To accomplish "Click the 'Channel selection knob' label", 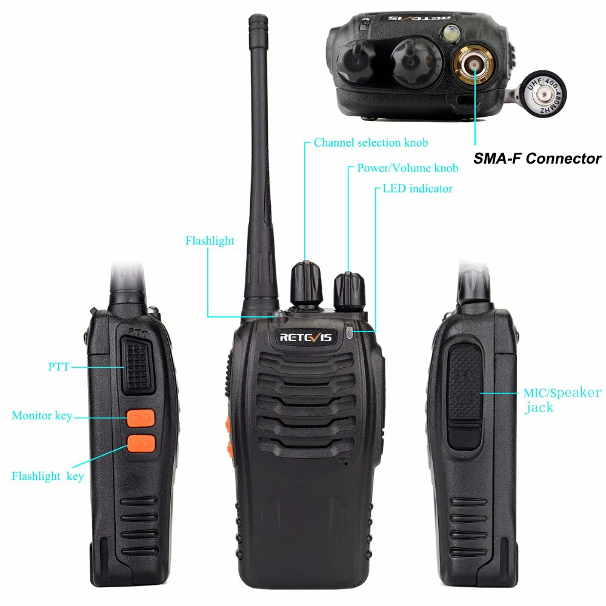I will pyautogui.click(x=371, y=143).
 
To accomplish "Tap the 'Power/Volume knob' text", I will pyautogui.click(x=407, y=168).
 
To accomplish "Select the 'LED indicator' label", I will pyautogui.click(x=418, y=188).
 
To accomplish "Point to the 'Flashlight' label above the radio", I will pyautogui.click(x=210, y=241).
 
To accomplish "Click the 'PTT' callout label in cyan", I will pyautogui.click(x=59, y=367).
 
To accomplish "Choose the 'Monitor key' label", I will pyautogui.click(x=42, y=416).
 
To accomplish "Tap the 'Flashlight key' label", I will pyautogui.click(x=48, y=476).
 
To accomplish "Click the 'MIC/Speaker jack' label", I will pyautogui.click(x=562, y=399).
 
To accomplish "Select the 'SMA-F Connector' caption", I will pyautogui.click(x=538, y=159).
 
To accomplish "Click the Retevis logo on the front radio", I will pyautogui.click(x=305, y=337).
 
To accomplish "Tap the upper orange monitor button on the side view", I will pyautogui.click(x=141, y=418).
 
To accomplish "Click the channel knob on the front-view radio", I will pyautogui.click(x=306, y=284).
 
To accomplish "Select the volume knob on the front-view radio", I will pyautogui.click(x=350, y=290).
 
